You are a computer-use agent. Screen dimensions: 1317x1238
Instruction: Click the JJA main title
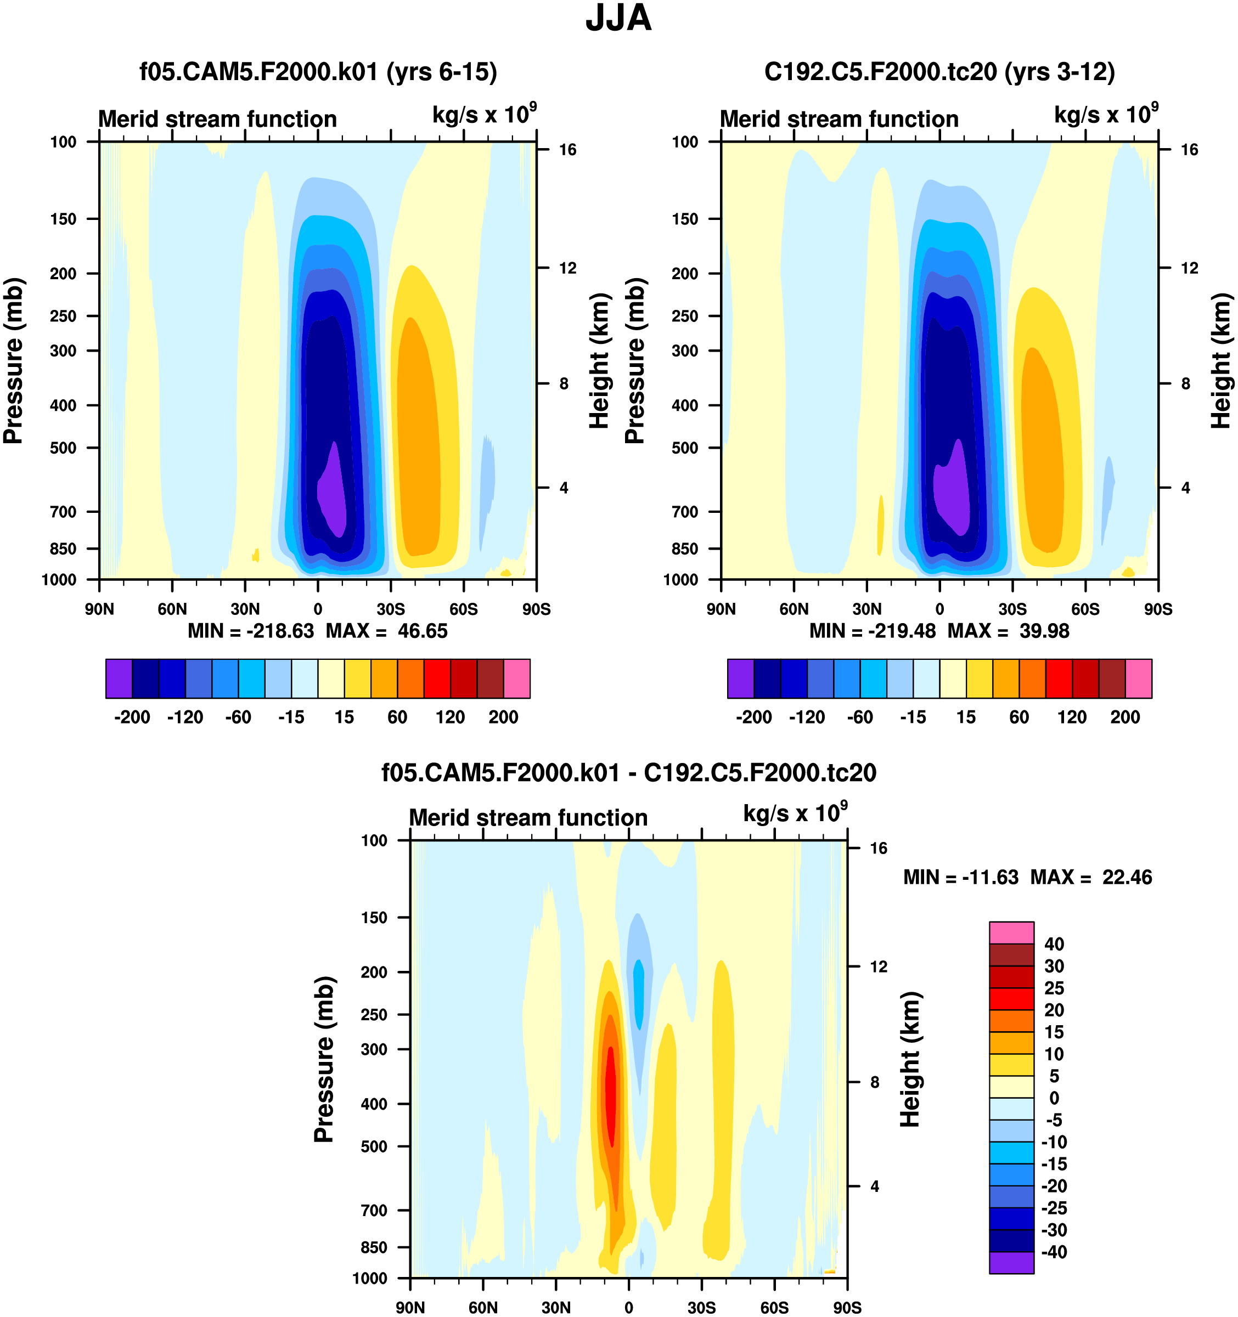pyautogui.click(x=618, y=19)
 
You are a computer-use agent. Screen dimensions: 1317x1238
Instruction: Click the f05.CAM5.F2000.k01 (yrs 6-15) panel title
pyautogui.click(x=318, y=71)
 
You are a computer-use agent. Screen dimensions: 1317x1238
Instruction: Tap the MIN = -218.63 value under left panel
pyautogui.click(x=251, y=631)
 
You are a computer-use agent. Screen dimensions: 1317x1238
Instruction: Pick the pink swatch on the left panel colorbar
pyautogui.click(x=516, y=679)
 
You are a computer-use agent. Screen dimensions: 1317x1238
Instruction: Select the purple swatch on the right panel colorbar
pyautogui.click(x=740, y=679)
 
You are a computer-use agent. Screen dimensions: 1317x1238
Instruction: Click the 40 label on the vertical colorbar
pyautogui.click(x=1054, y=944)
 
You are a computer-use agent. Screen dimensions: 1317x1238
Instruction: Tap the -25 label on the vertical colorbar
pyautogui.click(x=1054, y=1208)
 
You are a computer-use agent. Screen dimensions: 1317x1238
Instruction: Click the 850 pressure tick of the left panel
pyautogui.click(x=63, y=549)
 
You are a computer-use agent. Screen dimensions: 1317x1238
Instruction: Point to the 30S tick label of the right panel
pyautogui.click(x=1012, y=609)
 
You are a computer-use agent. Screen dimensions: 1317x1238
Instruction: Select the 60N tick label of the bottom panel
pyautogui.click(x=483, y=1307)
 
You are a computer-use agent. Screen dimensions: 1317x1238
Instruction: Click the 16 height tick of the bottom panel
pyautogui.click(x=878, y=848)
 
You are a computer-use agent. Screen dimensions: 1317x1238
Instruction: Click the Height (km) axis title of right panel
pyautogui.click(x=1221, y=361)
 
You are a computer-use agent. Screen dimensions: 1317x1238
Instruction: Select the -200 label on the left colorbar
pyautogui.click(x=132, y=717)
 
